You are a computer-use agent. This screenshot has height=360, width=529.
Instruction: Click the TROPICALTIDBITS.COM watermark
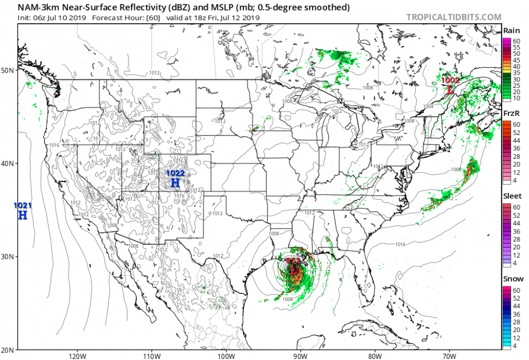click(453, 17)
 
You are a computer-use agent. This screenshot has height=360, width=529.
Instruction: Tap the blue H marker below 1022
click(176, 183)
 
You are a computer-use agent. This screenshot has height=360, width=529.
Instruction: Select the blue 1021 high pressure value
click(22, 205)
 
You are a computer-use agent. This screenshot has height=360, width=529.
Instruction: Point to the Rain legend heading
click(511, 31)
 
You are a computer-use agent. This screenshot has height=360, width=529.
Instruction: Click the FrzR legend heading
click(511, 114)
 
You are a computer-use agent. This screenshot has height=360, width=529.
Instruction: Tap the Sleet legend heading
click(512, 196)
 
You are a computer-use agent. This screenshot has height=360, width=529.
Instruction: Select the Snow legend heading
click(512, 278)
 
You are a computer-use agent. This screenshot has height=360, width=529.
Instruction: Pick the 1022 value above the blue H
click(176, 173)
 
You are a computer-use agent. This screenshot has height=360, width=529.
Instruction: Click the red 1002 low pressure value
click(450, 80)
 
